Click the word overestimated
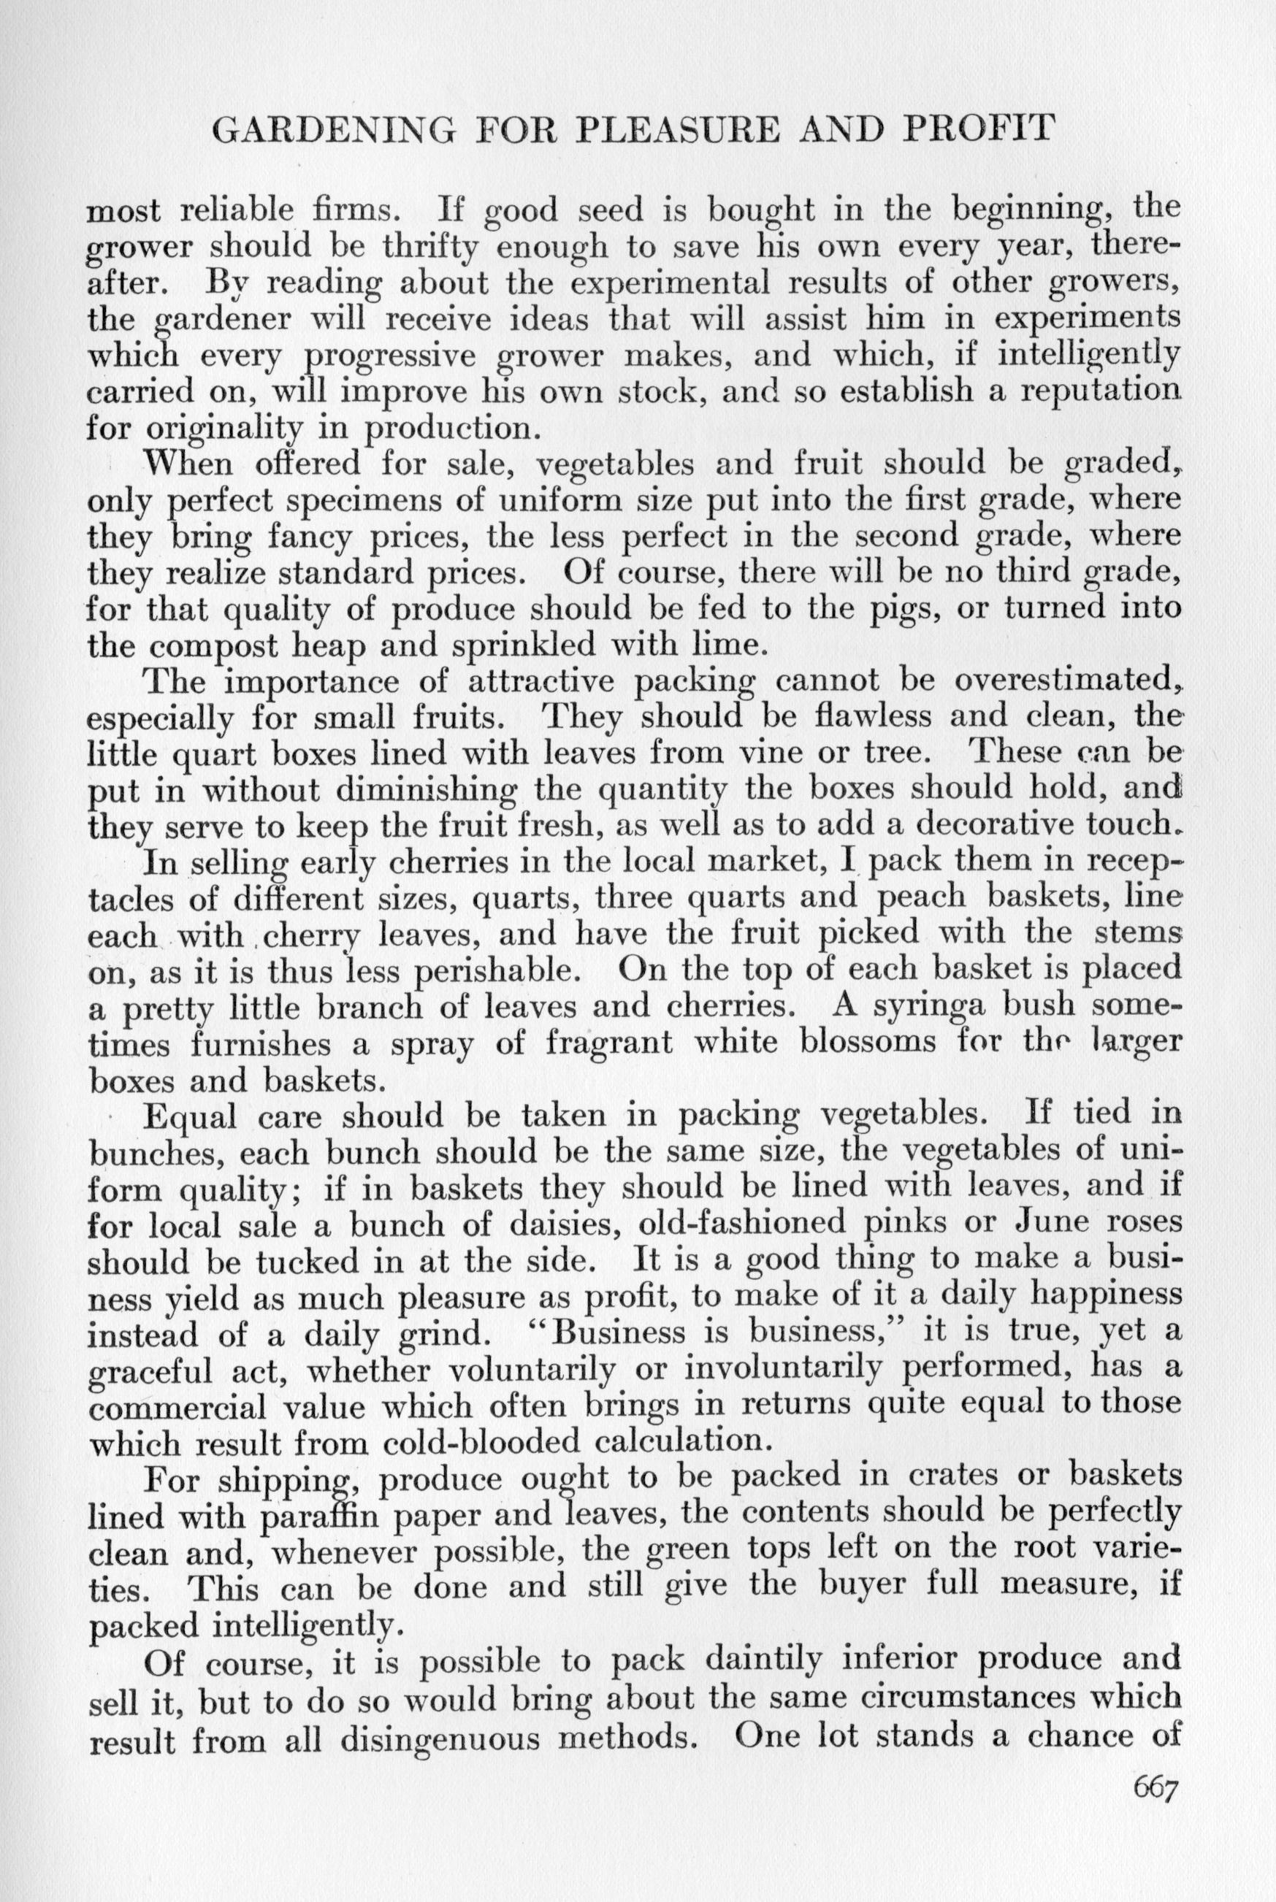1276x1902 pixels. click(x=1063, y=682)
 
